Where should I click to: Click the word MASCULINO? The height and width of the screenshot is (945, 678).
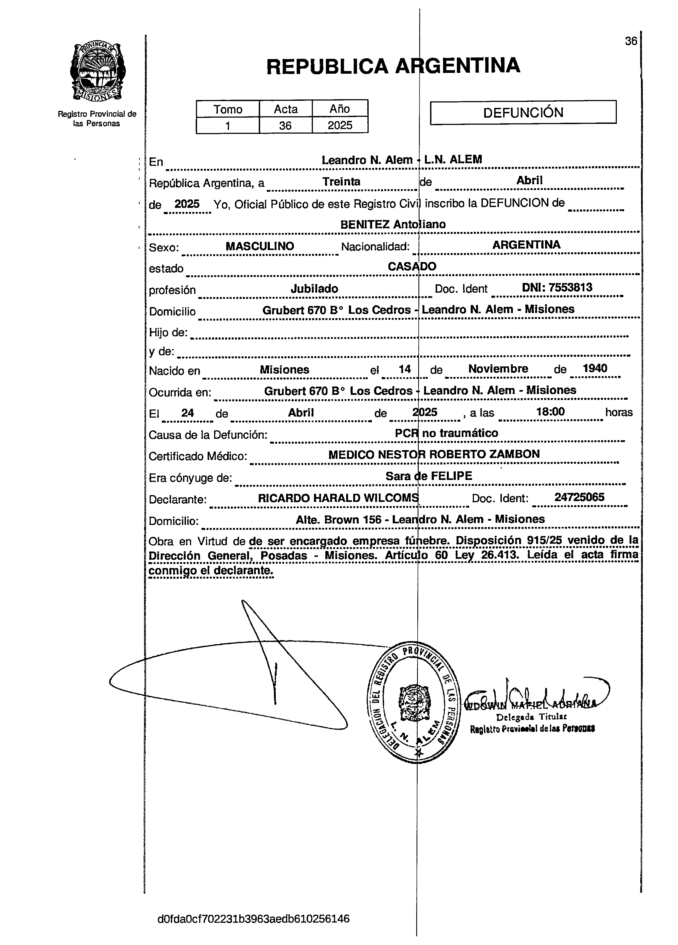click(260, 246)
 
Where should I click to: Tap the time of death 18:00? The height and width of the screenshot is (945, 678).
click(550, 412)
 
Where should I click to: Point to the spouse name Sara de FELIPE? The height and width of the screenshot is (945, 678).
click(429, 476)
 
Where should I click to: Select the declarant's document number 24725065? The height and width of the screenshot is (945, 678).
click(579, 497)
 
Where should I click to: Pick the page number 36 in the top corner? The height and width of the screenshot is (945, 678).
click(631, 41)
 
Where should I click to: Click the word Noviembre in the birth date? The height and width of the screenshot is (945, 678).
click(498, 369)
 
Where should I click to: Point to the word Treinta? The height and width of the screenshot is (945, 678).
click(341, 182)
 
